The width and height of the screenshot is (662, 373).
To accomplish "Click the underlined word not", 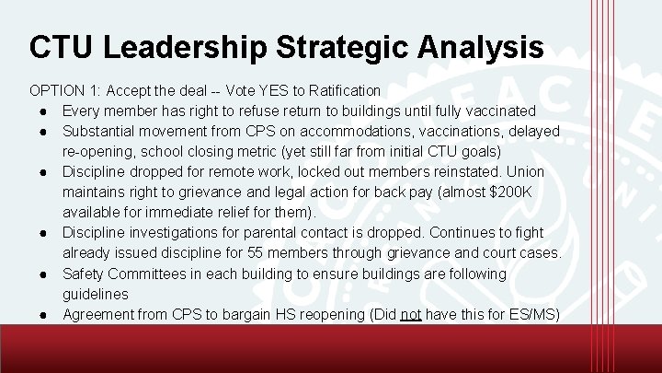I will [411, 314].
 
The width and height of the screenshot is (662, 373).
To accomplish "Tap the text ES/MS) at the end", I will [534, 314].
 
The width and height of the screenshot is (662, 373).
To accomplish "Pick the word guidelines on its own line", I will [96, 294].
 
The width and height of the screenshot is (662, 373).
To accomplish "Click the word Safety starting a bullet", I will [84, 274].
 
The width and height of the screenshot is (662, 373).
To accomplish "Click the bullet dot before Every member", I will [43, 111].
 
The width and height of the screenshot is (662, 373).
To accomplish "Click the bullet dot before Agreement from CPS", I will [43, 314].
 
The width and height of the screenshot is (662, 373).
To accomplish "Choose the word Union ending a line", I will [526, 171].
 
